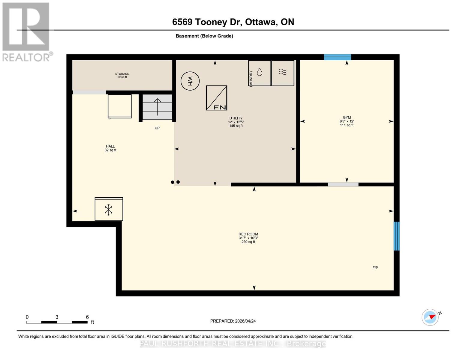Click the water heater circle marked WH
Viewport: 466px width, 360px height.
coord(190,81)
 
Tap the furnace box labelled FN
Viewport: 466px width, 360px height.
coord(216,98)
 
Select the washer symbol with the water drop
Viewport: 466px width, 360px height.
coord(260,73)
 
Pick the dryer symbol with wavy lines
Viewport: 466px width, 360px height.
coord(283,73)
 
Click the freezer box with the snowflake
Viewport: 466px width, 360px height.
coord(109,209)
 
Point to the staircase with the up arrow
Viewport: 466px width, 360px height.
coord(157,107)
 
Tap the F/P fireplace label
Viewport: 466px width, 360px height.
coord(375,268)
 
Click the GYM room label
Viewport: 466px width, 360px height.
coord(347,117)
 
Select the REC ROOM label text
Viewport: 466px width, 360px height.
coord(248,234)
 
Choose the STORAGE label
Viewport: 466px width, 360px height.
coord(122,74)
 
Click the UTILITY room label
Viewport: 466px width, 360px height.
coord(236,118)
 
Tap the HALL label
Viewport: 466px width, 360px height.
coord(110,146)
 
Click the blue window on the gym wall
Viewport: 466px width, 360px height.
coord(337,57)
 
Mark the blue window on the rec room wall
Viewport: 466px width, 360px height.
coord(396,236)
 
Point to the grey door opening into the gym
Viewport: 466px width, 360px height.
coord(343,184)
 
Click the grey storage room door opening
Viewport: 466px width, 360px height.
coord(89,92)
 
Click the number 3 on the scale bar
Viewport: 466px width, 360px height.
coord(57,317)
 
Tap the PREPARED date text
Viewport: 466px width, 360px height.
coord(233,321)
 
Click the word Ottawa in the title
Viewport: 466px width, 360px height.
coord(260,22)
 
